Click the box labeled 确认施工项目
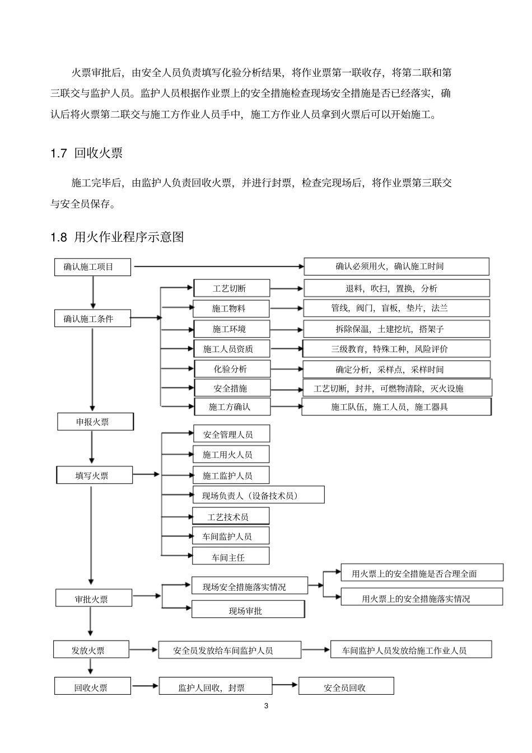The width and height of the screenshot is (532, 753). pos(92,267)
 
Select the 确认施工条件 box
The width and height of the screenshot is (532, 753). pos(92,319)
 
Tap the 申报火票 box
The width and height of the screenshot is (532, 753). pos(95,422)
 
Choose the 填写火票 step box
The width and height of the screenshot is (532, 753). pos(95,475)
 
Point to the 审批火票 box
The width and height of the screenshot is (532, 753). pos(94,598)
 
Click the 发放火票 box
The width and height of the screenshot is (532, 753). pos(91,650)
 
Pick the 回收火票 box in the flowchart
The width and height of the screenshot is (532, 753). pos(92,687)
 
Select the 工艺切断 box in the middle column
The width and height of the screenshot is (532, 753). pos(231,288)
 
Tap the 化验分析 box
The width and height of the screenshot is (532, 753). pos(231,369)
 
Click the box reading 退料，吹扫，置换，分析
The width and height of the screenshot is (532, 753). pos(396,288)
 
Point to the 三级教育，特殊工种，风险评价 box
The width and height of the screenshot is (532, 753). pos(396,349)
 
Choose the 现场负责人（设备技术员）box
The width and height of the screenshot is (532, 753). pos(258,495)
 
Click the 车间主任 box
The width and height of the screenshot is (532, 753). pos(231,556)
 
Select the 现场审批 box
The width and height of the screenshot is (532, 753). pos(248,610)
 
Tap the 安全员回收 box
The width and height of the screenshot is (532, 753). pos(346,687)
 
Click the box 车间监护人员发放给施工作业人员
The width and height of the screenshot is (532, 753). pos(411,650)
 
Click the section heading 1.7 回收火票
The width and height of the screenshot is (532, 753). pos(87,153)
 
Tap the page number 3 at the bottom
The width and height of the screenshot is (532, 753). pos(266,705)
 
